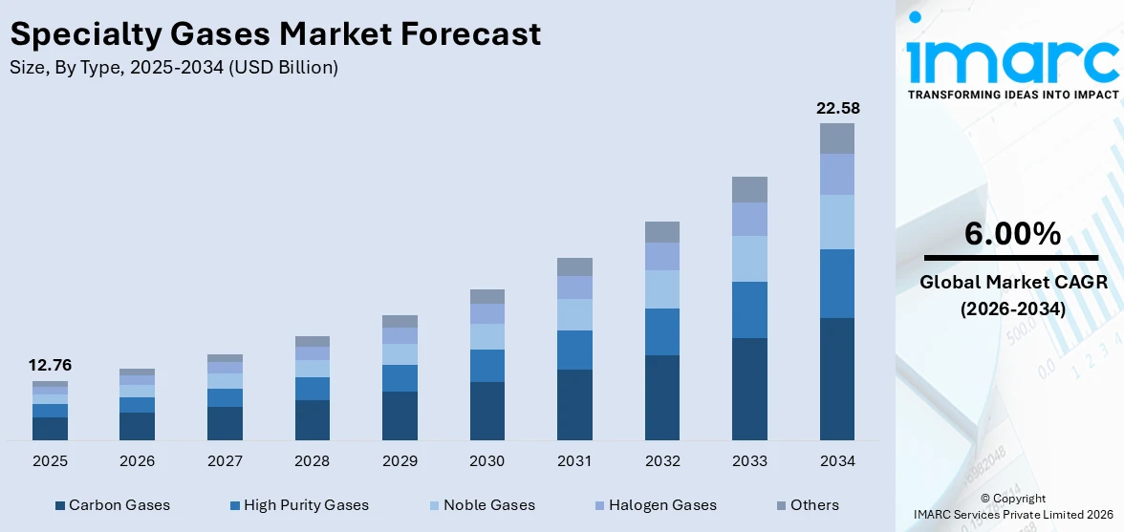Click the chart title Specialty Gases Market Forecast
275,34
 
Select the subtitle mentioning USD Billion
174,68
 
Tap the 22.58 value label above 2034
837,108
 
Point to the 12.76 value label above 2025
50,365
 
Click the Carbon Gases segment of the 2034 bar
837,378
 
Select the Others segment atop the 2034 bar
837,138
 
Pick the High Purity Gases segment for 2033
749,309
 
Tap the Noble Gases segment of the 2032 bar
661,288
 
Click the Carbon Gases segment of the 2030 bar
486,411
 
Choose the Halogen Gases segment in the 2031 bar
574,287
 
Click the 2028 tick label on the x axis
312,461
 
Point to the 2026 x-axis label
137,461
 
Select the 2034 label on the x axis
837,461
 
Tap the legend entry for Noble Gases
488,505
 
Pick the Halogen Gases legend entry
661,505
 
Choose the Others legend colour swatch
781,505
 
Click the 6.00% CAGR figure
1012,234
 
